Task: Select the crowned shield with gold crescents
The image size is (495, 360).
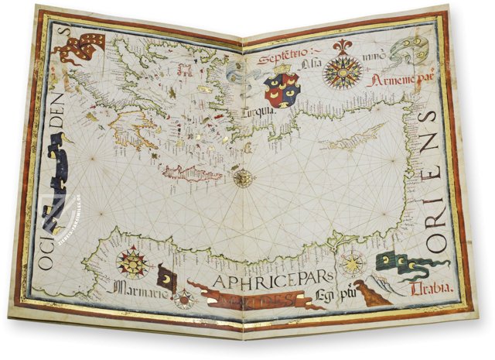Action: (282, 89)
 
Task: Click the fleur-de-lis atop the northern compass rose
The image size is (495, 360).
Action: (343, 46)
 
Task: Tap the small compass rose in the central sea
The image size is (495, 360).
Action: (244, 178)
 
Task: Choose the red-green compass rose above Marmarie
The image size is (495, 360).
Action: (132, 262)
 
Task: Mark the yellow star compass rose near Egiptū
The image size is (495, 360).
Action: (353, 264)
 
